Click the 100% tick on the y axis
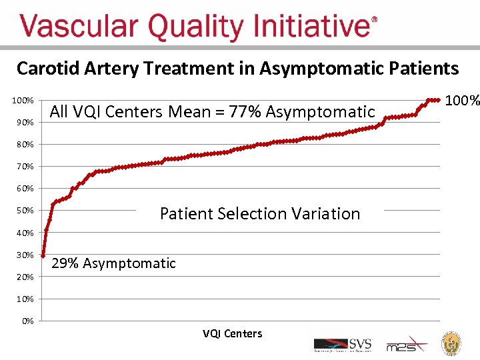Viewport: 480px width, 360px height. click(x=25, y=100)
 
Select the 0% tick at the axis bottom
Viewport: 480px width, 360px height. click(x=27, y=321)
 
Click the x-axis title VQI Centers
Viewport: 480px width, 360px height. click(x=232, y=333)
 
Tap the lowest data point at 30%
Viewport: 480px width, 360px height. click(x=43, y=255)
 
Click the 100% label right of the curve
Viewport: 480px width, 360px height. click(x=462, y=101)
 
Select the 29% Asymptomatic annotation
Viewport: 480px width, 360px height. click(x=113, y=263)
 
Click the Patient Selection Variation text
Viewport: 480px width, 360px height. click(x=259, y=214)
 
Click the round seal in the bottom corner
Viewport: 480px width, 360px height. click(x=453, y=343)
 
